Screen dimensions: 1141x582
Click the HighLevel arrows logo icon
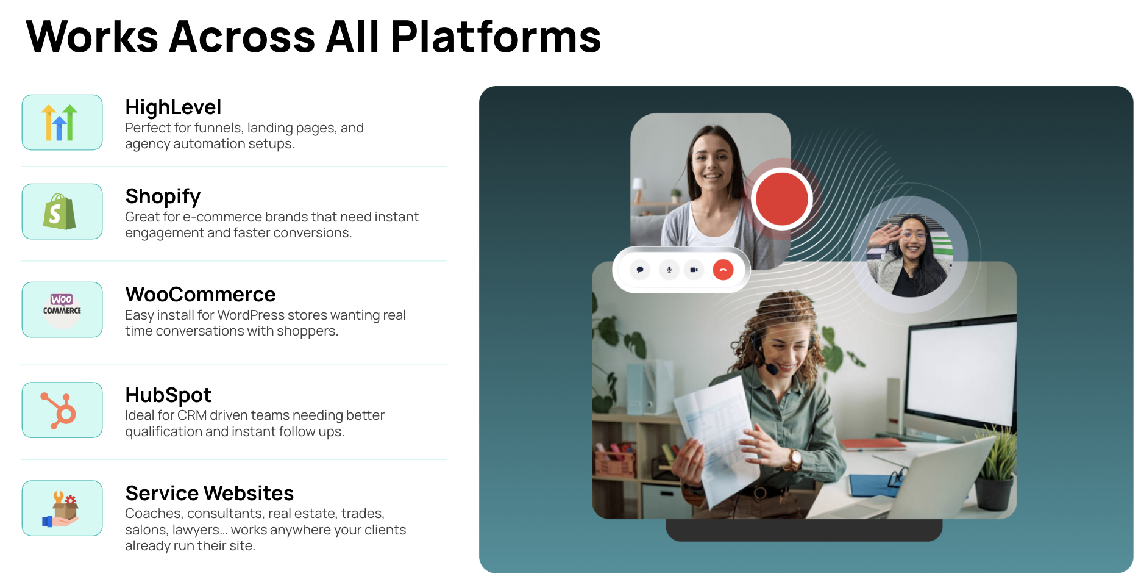point(60,123)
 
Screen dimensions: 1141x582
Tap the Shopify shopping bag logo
point(60,212)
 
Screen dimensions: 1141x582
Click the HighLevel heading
point(173,107)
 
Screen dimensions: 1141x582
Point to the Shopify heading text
point(163,196)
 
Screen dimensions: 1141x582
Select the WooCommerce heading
point(201,295)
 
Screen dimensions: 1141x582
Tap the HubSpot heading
point(168,395)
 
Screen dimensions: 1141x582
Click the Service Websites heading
point(210,493)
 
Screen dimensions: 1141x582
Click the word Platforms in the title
point(496,37)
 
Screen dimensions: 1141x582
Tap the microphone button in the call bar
point(669,270)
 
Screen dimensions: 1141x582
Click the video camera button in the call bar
point(694,270)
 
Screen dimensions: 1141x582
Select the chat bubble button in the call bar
point(640,270)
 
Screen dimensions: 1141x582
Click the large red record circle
point(781,199)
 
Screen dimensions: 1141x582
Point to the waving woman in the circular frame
point(909,254)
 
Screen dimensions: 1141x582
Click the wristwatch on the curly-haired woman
point(795,458)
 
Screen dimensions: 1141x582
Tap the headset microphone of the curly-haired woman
point(772,368)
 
